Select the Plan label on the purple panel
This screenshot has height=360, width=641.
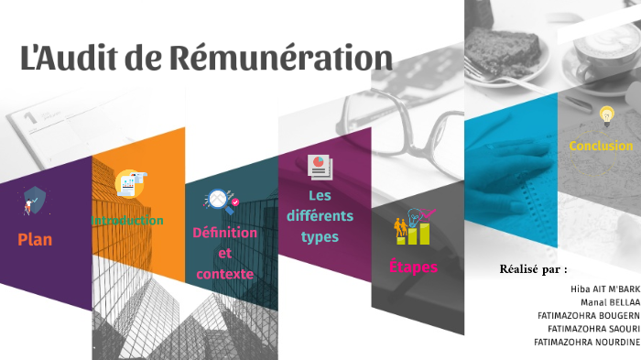35,240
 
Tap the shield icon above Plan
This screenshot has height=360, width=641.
34,201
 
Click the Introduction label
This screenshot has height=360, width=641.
127,221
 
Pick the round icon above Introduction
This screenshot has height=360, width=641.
130,184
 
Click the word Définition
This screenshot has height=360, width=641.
225,233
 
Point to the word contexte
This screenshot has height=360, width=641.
224,274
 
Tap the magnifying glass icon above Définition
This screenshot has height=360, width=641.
221,199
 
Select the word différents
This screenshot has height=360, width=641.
320,217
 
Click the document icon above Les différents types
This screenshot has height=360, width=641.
320,167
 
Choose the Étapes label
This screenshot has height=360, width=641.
413,267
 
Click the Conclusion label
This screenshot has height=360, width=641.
601,146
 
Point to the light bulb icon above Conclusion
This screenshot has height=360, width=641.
605,116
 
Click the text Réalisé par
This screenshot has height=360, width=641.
533,269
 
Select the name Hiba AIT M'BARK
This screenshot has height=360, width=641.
604,288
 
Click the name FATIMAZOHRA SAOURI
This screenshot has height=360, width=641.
593,328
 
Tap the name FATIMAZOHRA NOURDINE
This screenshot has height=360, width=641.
587,342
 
